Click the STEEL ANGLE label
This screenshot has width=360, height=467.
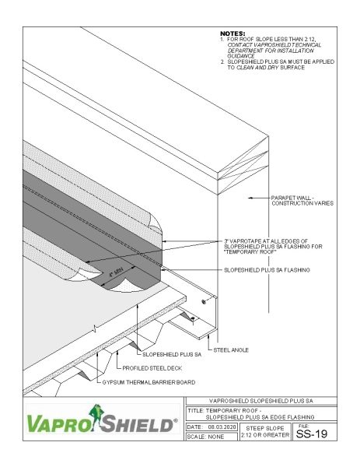pyautogui.click(x=232, y=350)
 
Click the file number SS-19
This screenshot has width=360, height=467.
pyautogui.click(x=320, y=431)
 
